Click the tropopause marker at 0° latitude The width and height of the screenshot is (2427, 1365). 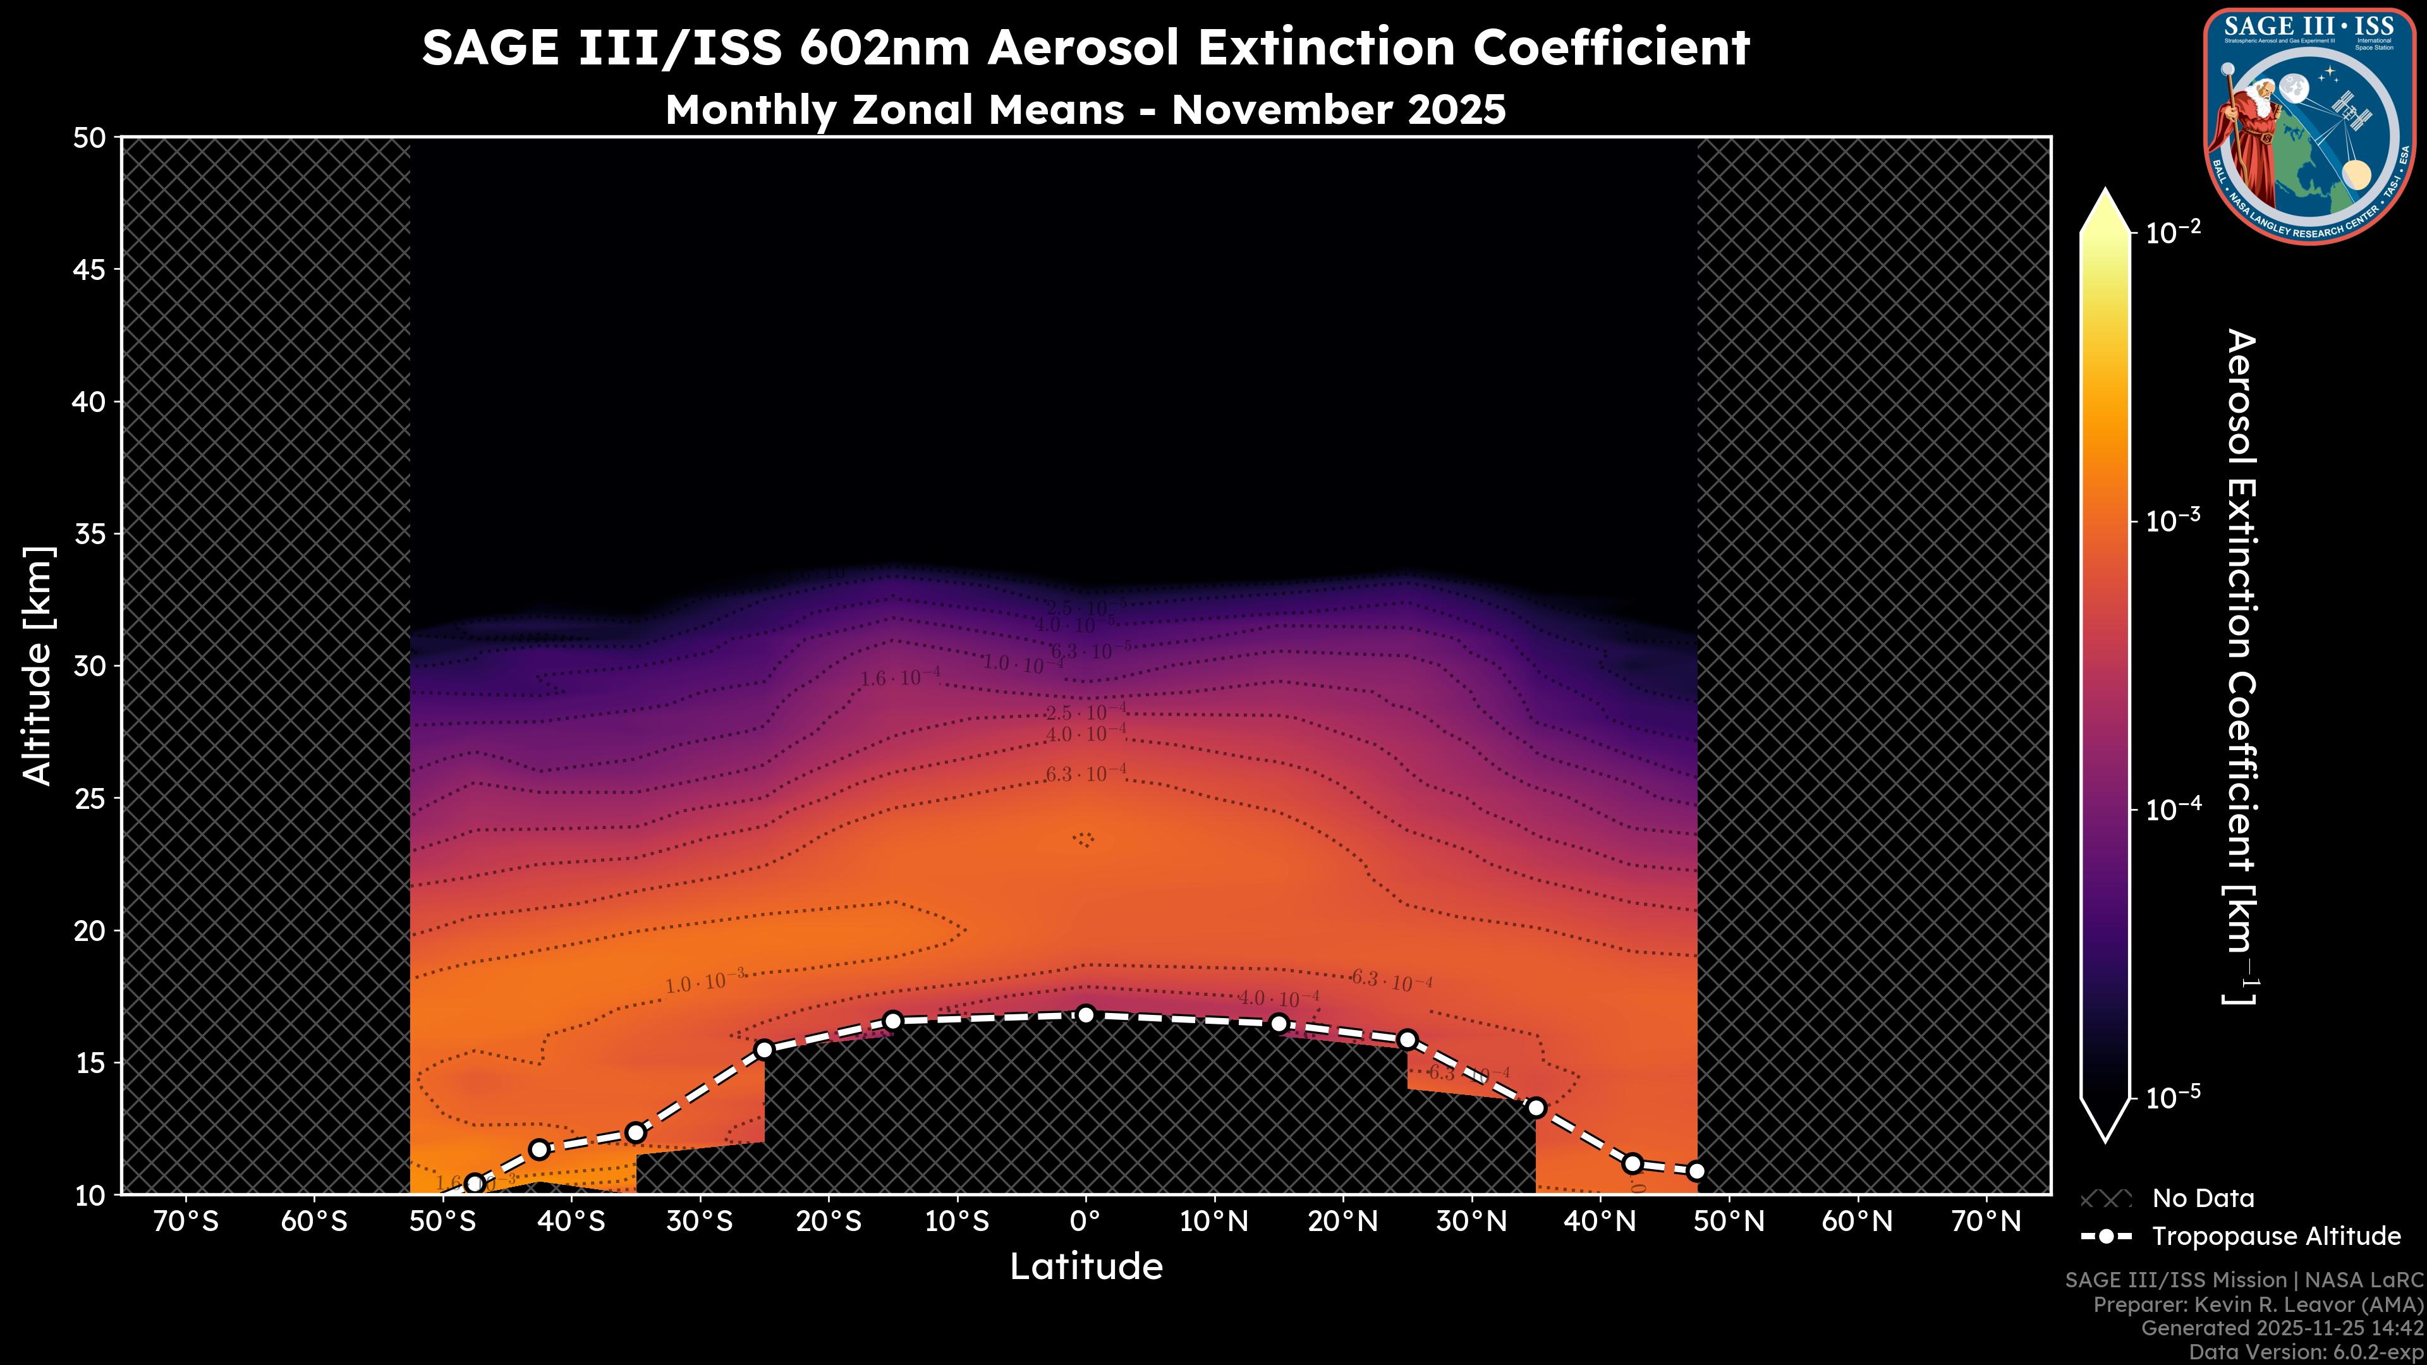tap(1085, 1014)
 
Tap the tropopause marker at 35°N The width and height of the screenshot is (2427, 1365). tap(1536, 1107)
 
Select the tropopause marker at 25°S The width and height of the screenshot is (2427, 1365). tap(764, 1050)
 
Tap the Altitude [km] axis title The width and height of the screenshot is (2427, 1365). tap(38, 665)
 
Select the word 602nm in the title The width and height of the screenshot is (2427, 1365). tap(884, 48)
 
